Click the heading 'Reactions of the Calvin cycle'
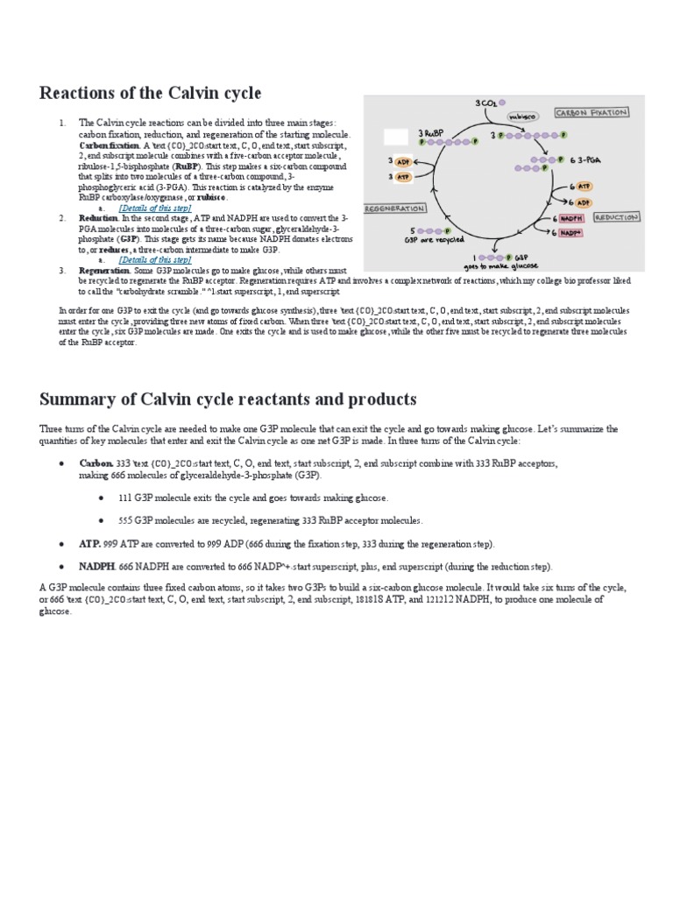150,93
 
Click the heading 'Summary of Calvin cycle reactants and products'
228,399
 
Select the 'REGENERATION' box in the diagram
393,209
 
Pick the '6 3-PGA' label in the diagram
584,159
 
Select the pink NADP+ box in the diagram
570,233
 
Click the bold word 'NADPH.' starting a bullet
98,567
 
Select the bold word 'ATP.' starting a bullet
90,544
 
